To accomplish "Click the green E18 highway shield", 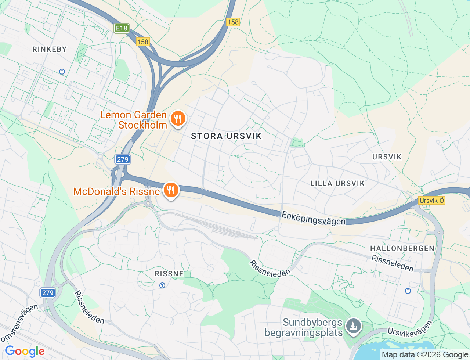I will tap(122, 28).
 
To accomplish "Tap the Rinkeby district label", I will tap(50, 49).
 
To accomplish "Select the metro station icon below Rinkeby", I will tap(62, 72).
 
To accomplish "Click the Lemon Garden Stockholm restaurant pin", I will tap(178, 119).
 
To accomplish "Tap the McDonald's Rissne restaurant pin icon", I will tap(171, 190).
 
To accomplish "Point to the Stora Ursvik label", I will tap(226, 136).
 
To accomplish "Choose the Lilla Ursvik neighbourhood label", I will tap(337, 183).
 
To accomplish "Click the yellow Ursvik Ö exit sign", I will tap(432, 201).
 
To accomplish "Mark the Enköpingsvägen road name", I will tap(314, 218).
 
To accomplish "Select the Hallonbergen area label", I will tap(402, 248).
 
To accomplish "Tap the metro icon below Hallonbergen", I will tap(408, 291).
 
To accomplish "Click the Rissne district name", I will tap(169, 274).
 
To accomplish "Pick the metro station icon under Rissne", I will tap(162, 285).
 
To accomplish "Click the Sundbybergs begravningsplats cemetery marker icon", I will tap(354, 326).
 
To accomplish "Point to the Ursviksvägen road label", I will tap(410, 328).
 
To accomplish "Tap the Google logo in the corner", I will tap(25, 351).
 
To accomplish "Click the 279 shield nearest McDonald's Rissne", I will tap(123, 159).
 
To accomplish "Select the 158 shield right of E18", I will tap(143, 42).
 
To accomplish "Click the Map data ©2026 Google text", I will tap(425, 354).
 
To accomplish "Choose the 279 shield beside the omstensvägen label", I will tap(48, 293).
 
